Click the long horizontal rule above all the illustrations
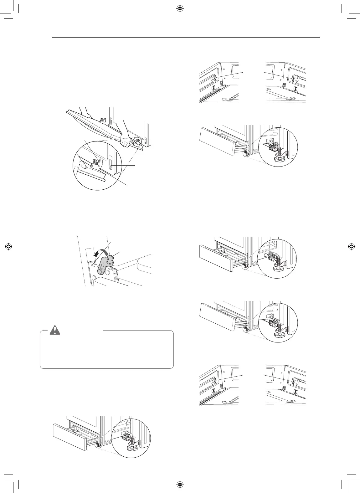(x=186, y=38)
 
